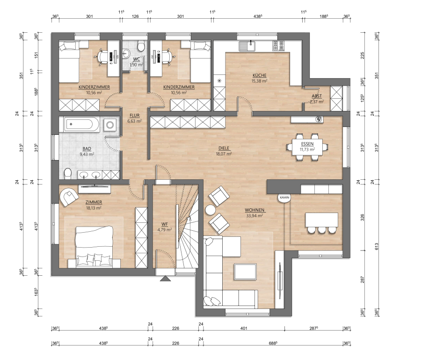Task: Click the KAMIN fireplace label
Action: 284,198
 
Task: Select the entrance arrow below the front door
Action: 165,279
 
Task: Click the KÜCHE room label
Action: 259,75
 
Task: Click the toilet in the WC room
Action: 141,46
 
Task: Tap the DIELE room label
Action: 224,148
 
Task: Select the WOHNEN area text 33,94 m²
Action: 254,216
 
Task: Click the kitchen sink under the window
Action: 247,46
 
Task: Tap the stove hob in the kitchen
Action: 278,46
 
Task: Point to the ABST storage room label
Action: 317,96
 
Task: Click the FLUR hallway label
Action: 135,116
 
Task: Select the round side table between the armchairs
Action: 211,210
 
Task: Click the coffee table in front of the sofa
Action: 245,272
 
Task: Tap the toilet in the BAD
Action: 67,174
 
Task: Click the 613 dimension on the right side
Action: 377,246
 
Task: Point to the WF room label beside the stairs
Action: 165,224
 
